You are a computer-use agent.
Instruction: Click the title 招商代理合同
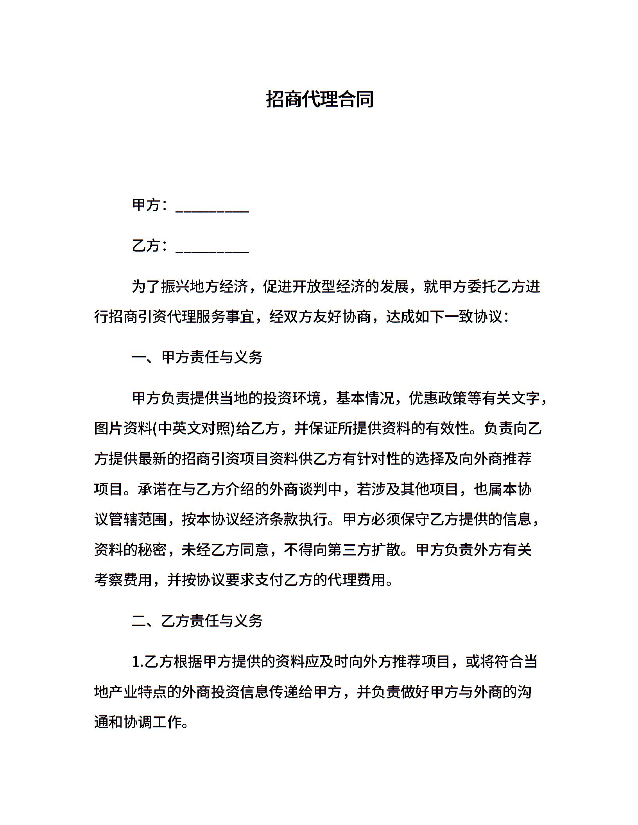[320, 99]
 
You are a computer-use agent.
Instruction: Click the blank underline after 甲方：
[212, 207]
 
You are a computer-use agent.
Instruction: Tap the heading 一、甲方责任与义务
[197, 357]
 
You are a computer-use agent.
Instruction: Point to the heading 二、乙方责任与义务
[197, 621]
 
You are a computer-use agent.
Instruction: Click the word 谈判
[314, 489]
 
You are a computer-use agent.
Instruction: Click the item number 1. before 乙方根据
[138, 662]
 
